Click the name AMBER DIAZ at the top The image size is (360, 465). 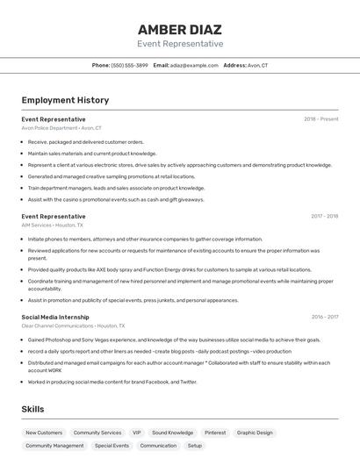[180, 29]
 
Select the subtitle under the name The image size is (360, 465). [180, 44]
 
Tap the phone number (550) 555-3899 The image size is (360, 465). [130, 65]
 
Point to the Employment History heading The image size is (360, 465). [65, 101]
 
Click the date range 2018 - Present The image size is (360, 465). [321, 119]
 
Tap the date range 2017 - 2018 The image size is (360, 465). [324, 216]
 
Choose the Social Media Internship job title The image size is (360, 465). [55, 317]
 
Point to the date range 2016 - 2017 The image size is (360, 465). [324, 317]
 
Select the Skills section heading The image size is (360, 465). [32, 409]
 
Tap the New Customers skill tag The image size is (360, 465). [44, 433]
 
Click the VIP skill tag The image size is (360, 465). [136, 433]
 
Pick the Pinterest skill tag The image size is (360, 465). [215, 433]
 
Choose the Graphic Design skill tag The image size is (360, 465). [255, 433]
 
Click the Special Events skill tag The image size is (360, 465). [112, 446]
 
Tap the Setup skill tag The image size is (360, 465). [194, 446]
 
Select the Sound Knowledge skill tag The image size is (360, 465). [172, 433]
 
